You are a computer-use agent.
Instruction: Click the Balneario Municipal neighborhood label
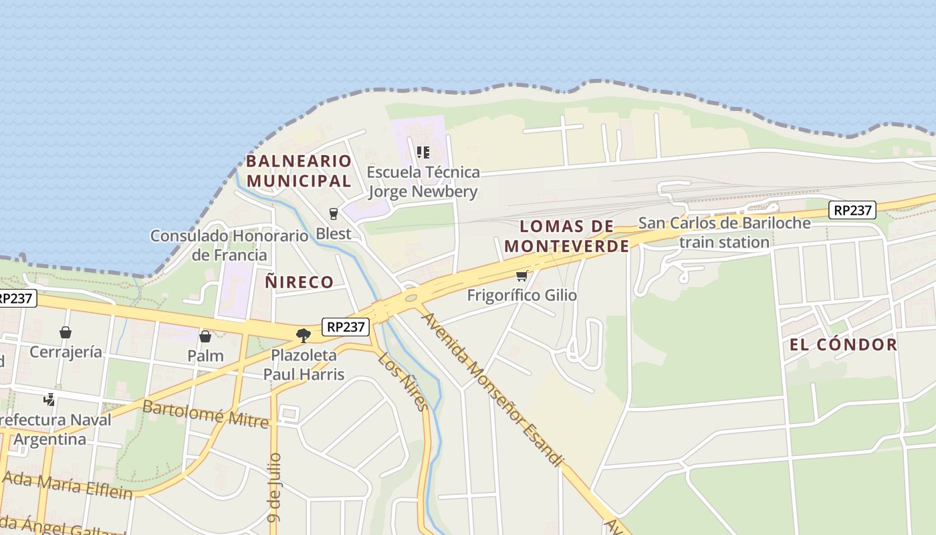point(299,171)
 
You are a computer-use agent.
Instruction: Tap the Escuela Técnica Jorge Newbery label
point(424,182)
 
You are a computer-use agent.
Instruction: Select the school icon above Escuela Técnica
point(423,152)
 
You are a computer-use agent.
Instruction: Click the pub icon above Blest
point(334,214)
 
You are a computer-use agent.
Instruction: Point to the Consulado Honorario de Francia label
point(229,245)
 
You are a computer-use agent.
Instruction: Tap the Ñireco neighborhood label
point(299,282)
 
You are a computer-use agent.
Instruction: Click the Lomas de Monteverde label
point(567,236)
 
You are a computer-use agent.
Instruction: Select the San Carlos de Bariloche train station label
point(725,232)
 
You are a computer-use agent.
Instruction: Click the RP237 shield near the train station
point(852,210)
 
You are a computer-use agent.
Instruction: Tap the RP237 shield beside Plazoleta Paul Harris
point(346,327)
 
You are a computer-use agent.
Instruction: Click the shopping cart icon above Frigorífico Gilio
point(521,276)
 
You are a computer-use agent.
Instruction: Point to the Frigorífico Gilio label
point(521,295)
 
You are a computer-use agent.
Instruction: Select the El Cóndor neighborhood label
point(843,345)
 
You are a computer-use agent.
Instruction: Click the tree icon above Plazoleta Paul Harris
point(304,335)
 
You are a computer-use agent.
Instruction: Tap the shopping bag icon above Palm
point(205,336)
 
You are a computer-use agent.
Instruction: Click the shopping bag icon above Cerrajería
point(66,332)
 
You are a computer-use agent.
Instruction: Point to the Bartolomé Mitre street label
point(205,414)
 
